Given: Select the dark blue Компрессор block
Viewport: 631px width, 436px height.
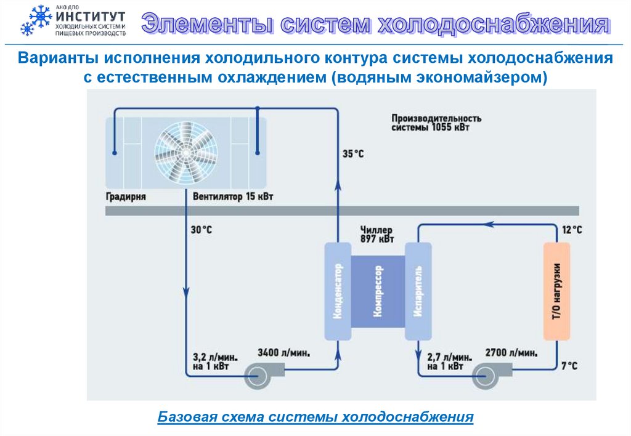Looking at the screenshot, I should (x=377, y=292).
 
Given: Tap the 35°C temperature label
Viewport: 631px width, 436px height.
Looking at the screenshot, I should (x=353, y=154).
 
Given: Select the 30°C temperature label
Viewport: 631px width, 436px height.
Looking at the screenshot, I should (x=201, y=230).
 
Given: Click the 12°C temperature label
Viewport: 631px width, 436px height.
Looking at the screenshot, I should (x=571, y=230).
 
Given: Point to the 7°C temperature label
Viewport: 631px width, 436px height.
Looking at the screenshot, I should (x=569, y=366).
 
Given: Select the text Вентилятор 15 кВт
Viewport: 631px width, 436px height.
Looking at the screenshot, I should (x=232, y=198).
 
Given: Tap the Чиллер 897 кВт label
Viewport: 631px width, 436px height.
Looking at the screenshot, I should (x=377, y=235).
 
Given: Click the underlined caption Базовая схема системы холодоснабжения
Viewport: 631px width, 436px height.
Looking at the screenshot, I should (x=315, y=416).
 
